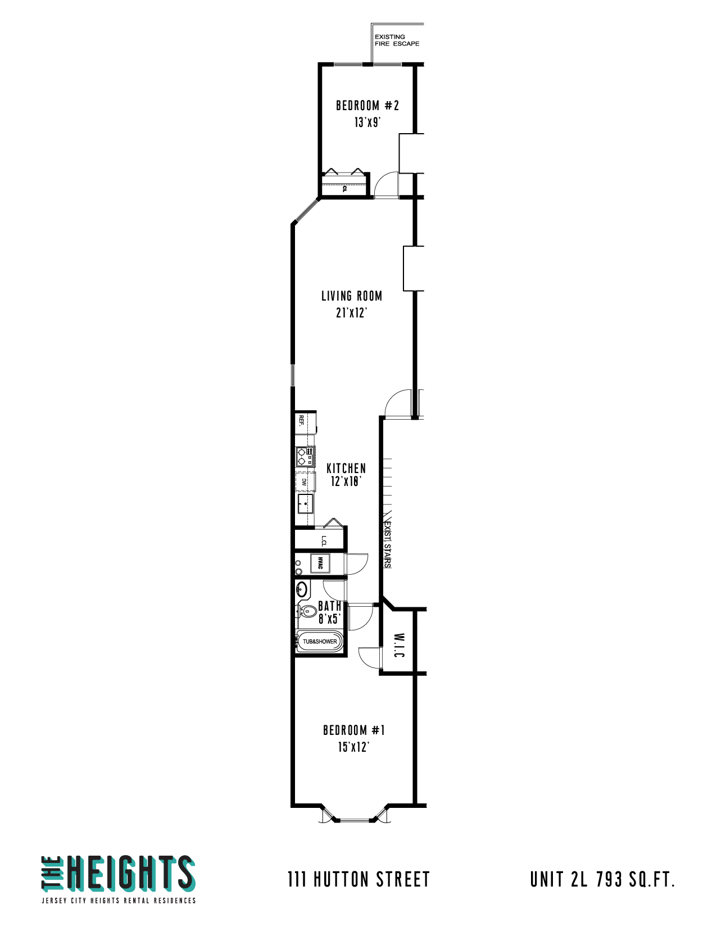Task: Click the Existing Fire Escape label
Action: [397, 40]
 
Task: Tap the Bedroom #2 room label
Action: [367, 106]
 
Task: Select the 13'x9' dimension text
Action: [367, 122]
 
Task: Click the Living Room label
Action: [352, 296]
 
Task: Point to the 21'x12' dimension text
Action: [352, 313]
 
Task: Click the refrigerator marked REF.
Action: [302, 421]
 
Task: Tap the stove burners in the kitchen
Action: [302, 456]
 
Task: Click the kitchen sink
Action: [305, 504]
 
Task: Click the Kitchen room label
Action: [346, 469]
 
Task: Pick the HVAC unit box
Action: [320, 563]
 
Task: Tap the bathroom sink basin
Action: [302, 590]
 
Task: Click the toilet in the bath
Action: [307, 612]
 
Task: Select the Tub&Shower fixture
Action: [320, 641]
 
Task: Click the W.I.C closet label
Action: [399, 646]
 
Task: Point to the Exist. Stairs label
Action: [387, 544]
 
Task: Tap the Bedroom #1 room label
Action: [354, 730]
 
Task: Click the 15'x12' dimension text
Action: [353, 747]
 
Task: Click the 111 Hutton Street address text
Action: [358, 879]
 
